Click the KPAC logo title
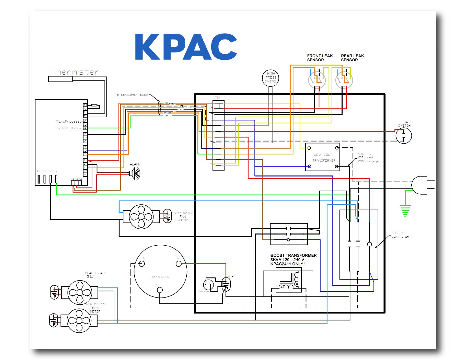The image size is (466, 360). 186,47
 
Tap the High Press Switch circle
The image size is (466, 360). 271,78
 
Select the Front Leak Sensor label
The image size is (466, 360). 320,58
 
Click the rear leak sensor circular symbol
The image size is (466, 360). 344,80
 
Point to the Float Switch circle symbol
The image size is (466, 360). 404,136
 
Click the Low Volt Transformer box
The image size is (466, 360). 323,157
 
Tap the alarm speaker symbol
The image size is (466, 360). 136,173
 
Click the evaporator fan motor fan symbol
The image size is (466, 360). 141,217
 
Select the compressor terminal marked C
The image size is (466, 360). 141,263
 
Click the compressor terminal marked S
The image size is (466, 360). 178,264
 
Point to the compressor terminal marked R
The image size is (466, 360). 160,290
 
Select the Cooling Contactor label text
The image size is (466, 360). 400,235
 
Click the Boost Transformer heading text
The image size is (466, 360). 293,255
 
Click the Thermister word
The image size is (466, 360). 75,72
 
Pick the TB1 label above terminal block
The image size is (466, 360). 217,98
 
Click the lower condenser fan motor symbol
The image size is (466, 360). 79,320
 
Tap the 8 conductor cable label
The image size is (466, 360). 132,95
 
